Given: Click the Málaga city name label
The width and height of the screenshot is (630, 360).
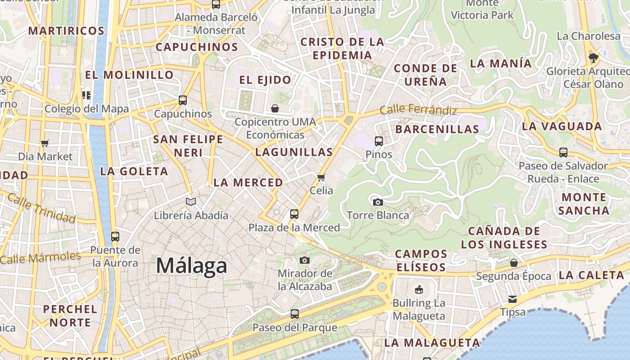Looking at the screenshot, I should click(x=191, y=265).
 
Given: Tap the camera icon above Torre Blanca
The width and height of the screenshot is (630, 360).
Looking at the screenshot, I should click(x=378, y=202).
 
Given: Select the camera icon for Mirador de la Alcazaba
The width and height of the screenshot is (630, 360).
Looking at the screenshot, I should click(x=305, y=260).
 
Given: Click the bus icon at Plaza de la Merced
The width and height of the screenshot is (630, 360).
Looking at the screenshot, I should click(x=294, y=214).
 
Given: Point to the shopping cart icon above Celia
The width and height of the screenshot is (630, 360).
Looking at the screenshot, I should click(x=321, y=177).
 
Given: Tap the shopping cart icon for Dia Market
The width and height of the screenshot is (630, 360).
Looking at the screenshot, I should click(x=45, y=144).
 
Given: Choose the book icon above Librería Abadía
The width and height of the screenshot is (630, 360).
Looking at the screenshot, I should click(x=191, y=202).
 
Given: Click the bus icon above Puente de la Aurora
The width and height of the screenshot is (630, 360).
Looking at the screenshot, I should click(x=115, y=236).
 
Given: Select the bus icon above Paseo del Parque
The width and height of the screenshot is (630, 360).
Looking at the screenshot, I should click(x=295, y=314).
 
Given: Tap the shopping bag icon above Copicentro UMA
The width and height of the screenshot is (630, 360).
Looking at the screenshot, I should click(x=275, y=108).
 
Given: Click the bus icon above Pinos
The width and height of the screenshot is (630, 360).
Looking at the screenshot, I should click(x=378, y=141).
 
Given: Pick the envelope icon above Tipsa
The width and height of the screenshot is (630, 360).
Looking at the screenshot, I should click(x=513, y=299).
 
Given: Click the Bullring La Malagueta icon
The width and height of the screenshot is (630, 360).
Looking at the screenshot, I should click(x=419, y=289).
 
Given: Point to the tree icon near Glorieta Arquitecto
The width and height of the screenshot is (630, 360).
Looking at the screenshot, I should click(x=594, y=58).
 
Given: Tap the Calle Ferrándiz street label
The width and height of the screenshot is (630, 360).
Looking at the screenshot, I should click(x=418, y=109).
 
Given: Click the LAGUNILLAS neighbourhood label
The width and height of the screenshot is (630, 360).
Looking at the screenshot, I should click(x=294, y=152).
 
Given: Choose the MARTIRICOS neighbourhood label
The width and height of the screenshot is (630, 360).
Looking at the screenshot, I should click(x=67, y=31).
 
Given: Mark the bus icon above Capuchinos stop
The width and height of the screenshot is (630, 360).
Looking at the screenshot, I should click(x=183, y=100).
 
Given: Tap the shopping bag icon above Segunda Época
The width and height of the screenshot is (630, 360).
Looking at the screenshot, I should click(x=513, y=262).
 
